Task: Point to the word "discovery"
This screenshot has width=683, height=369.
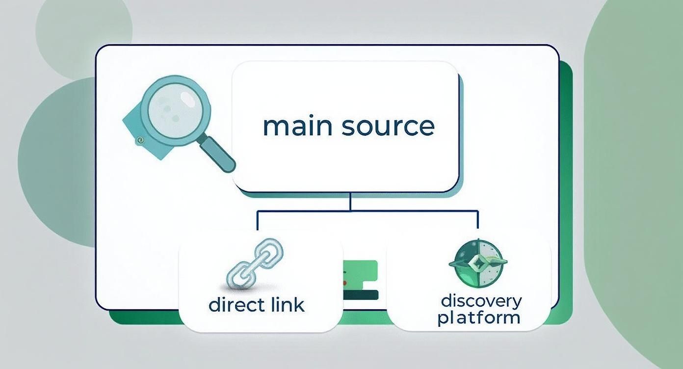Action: [x=481, y=300]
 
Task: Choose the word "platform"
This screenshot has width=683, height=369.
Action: [x=478, y=317]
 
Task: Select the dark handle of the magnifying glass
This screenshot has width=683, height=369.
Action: [x=218, y=154]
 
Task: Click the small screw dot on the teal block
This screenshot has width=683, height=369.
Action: [x=141, y=140]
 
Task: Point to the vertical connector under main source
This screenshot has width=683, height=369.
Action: [x=350, y=201]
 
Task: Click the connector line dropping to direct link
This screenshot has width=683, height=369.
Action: [x=258, y=221]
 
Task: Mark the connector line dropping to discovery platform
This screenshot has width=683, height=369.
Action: [x=477, y=221]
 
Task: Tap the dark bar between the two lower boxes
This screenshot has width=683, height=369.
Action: [x=361, y=294]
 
